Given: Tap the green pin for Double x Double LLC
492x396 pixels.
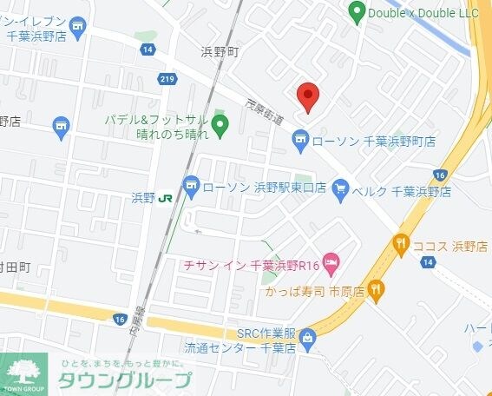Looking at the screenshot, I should pos(356,12).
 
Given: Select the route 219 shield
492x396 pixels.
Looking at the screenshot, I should pos(167,79).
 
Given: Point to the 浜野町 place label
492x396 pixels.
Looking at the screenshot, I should pos(220,52).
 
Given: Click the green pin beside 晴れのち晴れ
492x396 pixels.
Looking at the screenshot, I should pos(220,126).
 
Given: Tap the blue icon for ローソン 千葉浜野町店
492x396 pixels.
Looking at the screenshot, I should pos(299,139).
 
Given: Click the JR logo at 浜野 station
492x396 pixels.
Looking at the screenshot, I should pos(164,199).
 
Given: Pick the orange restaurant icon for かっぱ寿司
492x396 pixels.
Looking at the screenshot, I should pos(376,289).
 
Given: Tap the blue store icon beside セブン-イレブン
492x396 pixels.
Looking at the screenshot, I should pos(79,27).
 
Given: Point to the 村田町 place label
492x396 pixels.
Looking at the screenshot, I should pos(15,267).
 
